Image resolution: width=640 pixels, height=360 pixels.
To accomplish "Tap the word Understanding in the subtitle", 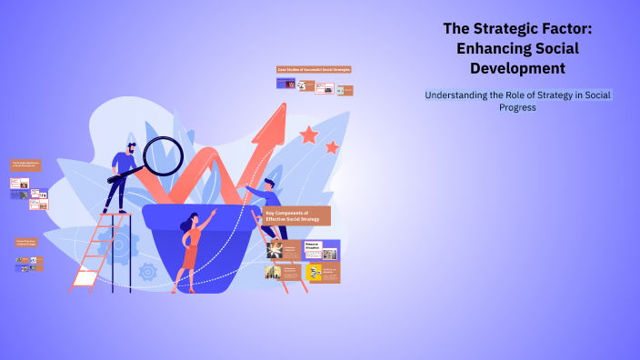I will pyautogui.click(x=465, y=95).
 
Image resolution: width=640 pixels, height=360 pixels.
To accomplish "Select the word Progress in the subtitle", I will pyautogui.click(x=517, y=107).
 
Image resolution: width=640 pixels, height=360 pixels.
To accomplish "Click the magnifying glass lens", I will pyautogui.click(x=164, y=155).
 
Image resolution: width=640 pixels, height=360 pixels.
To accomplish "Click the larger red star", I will pyautogui.click(x=309, y=135).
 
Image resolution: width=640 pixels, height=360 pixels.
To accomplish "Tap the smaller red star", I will pyautogui.click(x=332, y=146).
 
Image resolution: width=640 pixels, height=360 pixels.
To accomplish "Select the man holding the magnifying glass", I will pyautogui.click(x=123, y=173).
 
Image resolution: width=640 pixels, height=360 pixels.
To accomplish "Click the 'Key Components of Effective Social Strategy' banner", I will pyautogui.click(x=296, y=215).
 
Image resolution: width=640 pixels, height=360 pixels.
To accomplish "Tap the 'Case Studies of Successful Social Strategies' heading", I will pyautogui.click(x=314, y=69).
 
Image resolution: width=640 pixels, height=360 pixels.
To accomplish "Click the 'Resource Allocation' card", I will pyautogui.click(x=321, y=249).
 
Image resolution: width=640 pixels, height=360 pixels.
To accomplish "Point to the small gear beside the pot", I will pyautogui.click(x=148, y=271).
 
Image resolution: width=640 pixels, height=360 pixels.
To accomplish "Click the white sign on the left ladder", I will pyautogui.click(x=85, y=278).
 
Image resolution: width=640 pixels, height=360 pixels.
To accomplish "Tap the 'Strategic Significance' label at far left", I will pyautogui.click(x=25, y=165).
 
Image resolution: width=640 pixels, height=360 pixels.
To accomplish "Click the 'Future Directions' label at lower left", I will pyautogui.click(x=26, y=243).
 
